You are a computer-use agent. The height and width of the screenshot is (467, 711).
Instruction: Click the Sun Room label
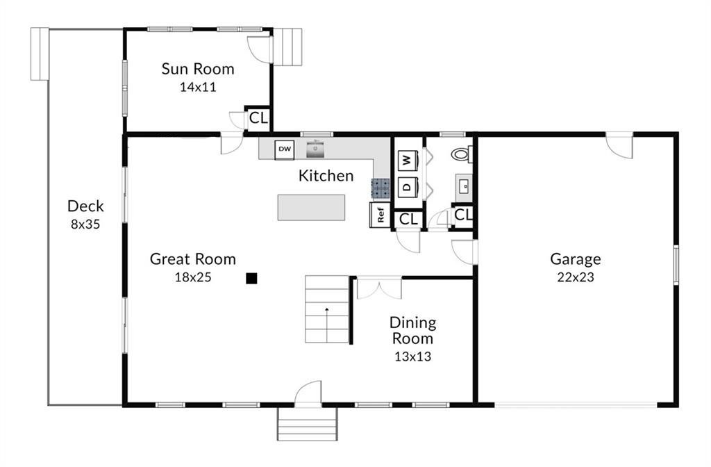click(198, 69)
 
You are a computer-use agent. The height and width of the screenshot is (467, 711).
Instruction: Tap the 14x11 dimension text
click(198, 88)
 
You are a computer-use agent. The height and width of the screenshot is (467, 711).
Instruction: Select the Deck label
click(85, 206)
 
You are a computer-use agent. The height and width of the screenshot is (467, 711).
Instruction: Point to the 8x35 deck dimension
click(85, 224)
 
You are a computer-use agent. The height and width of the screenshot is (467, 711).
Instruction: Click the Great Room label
click(193, 259)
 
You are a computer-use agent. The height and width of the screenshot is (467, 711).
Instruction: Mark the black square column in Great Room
click(251, 279)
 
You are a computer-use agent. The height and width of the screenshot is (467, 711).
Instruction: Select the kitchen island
click(311, 207)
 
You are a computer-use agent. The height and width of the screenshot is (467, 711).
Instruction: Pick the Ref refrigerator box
click(380, 215)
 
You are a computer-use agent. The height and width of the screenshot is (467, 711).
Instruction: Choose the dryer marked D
click(407, 187)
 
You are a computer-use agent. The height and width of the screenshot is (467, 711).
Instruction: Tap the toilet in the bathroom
click(461, 154)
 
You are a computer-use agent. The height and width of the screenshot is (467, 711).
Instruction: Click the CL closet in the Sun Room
click(258, 117)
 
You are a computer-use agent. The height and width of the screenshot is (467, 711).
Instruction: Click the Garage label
click(575, 259)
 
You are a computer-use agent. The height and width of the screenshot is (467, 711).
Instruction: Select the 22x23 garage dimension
click(575, 277)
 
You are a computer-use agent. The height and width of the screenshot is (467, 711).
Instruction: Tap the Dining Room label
click(412, 330)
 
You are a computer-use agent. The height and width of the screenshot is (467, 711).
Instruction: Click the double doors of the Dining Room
click(379, 288)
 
